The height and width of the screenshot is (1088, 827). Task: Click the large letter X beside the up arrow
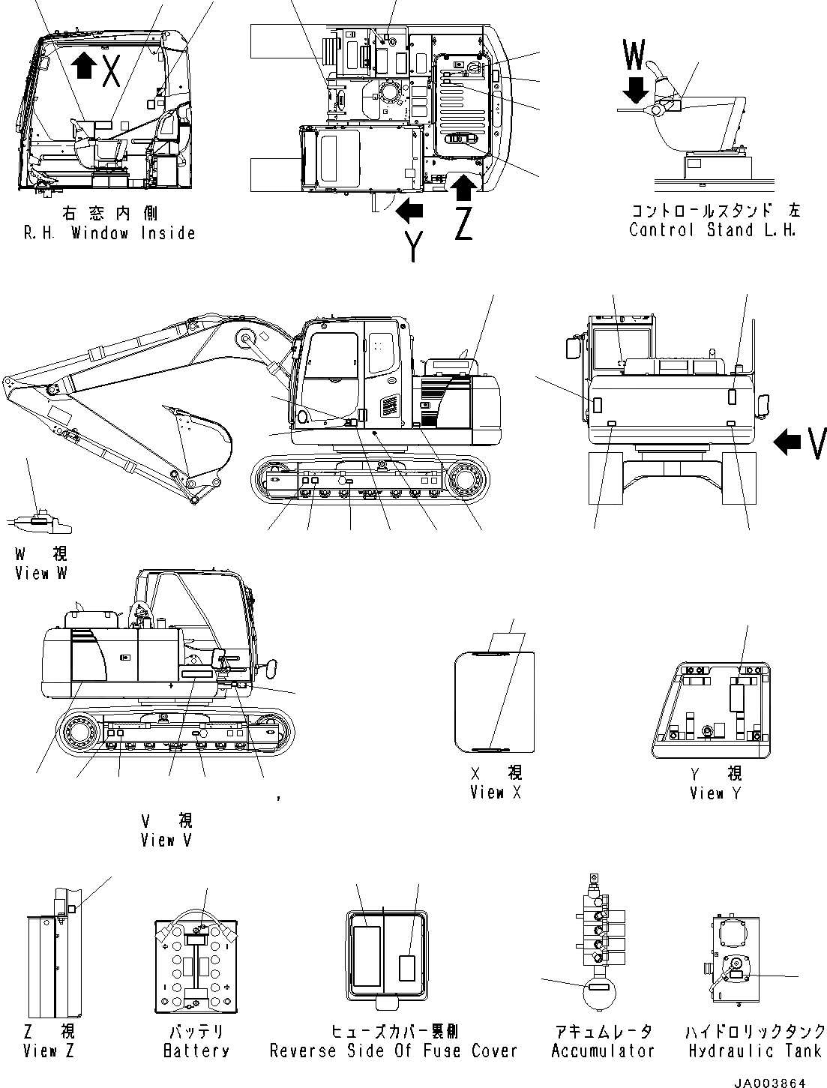111,68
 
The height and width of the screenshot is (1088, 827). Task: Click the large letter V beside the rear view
817,442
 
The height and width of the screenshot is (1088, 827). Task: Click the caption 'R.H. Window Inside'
109,233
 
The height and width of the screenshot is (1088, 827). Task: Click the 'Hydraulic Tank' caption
755,1051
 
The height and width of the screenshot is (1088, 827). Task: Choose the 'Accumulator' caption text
603,1051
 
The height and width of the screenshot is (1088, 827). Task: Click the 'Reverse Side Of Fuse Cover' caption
394,1051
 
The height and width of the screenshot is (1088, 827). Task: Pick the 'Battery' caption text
196,1051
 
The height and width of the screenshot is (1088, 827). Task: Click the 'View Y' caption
716,793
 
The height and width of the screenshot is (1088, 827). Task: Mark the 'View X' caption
495,792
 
